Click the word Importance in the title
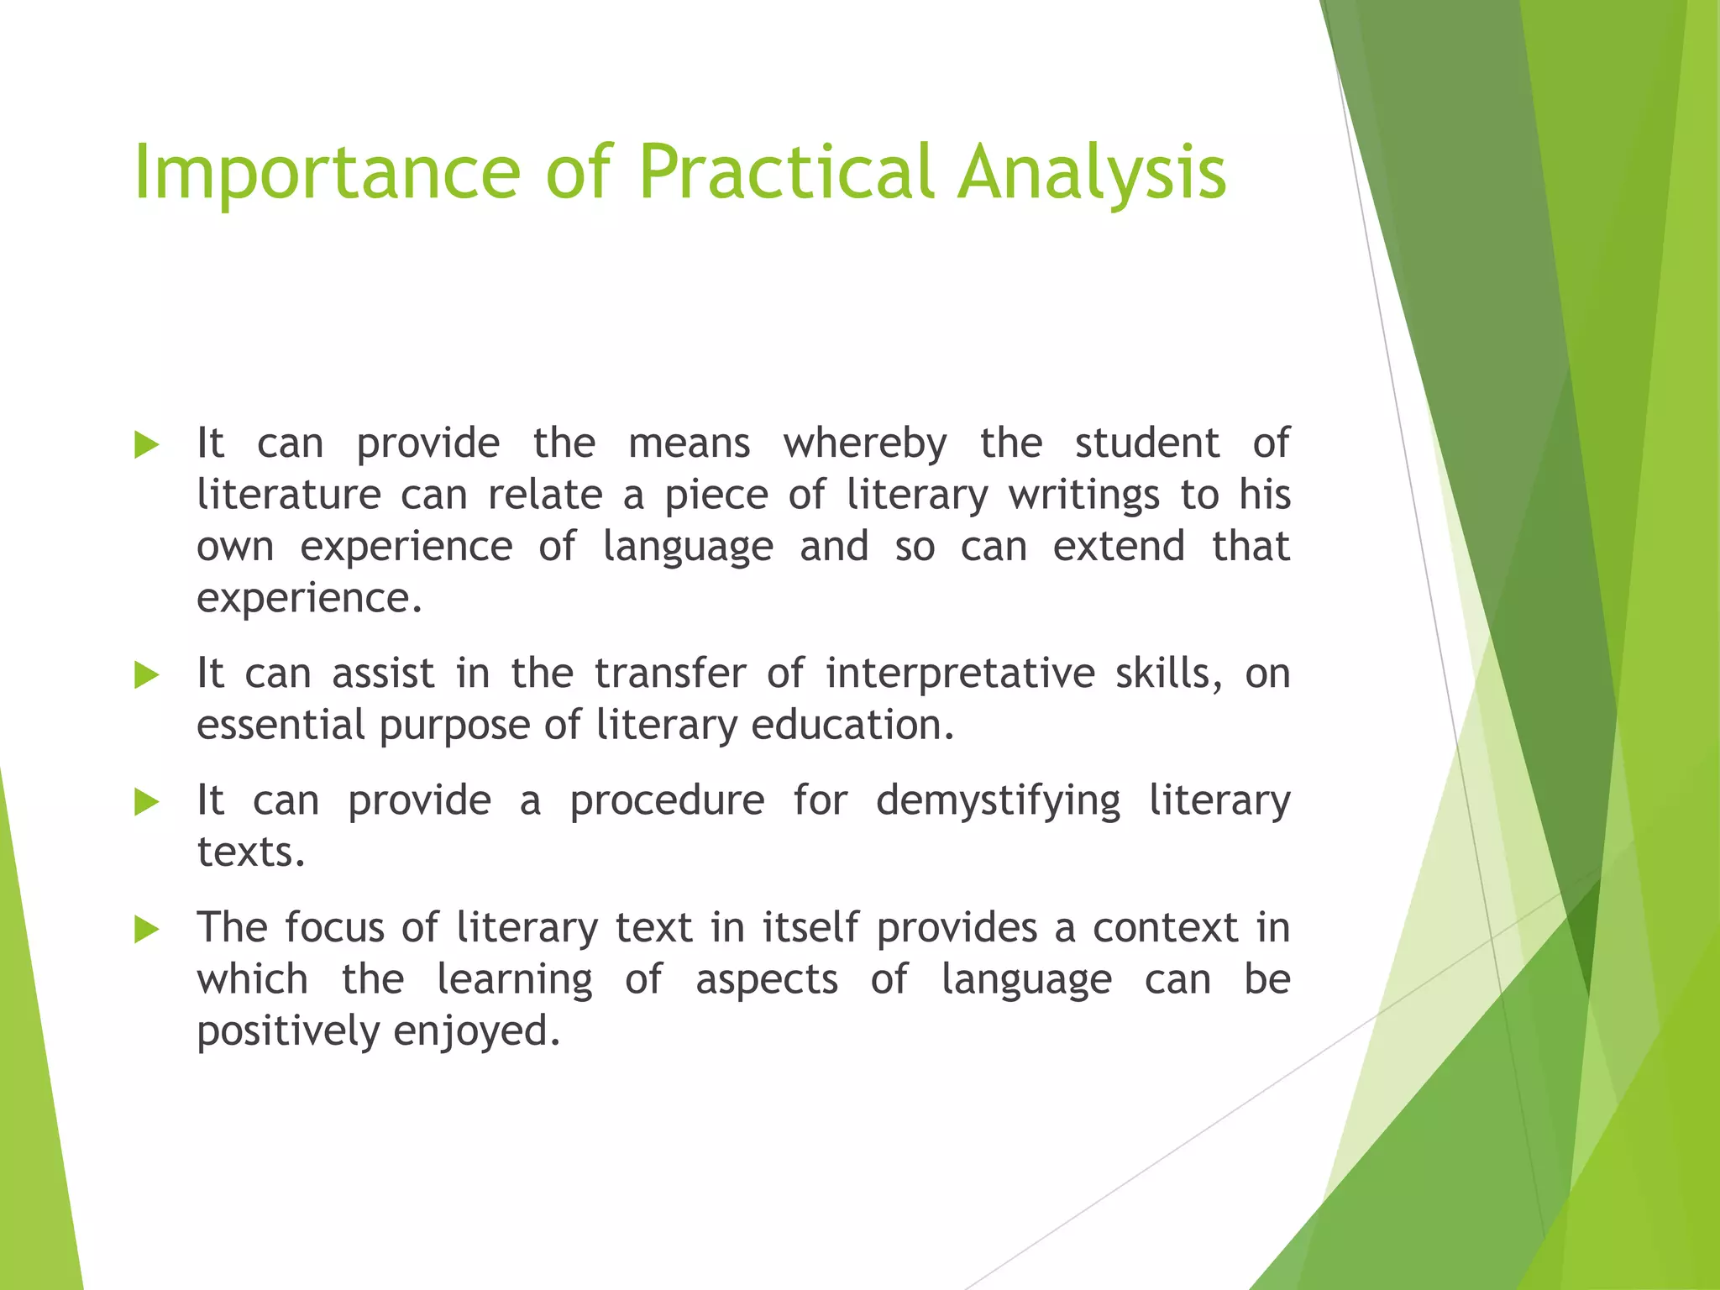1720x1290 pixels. click(x=328, y=172)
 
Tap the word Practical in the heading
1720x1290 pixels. click(x=785, y=172)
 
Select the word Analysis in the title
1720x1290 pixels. click(x=1092, y=172)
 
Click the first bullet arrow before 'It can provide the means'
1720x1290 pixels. click(x=147, y=444)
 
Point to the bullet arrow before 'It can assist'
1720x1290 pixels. click(x=147, y=674)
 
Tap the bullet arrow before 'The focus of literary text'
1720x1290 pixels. click(x=147, y=929)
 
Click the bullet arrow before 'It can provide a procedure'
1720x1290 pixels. click(x=147, y=802)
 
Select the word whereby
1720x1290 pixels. click(x=865, y=443)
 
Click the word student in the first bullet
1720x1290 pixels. click(x=1146, y=443)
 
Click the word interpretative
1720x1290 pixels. click(x=960, y=674)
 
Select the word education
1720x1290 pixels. click(x=852, y=725)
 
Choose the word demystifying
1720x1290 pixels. click(x=998, y=801)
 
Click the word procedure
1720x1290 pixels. click(x=667, y=801)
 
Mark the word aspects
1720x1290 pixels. click(x=766, y=980)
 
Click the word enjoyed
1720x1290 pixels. click(x=475, y=1031)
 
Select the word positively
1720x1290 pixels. click(x=288, y=1031)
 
